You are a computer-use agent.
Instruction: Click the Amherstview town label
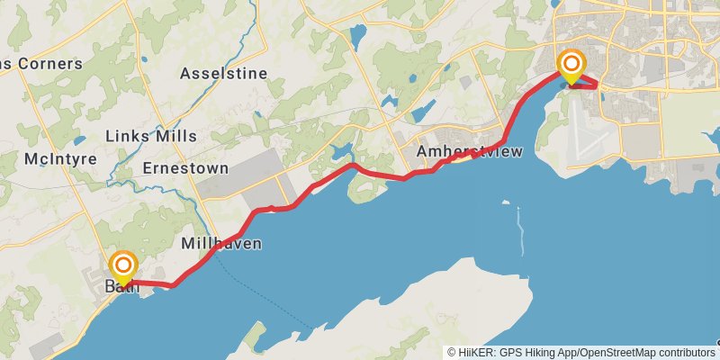coord(469,152)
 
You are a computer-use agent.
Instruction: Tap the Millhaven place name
coord(221,243)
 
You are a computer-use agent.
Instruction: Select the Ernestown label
coord(185,168)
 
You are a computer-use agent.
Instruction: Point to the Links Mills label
coord(151,136)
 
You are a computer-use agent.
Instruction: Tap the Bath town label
coord(121,287)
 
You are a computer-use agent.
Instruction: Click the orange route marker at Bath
coord(123,265)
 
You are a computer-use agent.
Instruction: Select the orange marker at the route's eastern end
coord(571,64)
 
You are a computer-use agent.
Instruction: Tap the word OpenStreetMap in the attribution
coord(617,353)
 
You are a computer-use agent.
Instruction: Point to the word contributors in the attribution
coord(685,353)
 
